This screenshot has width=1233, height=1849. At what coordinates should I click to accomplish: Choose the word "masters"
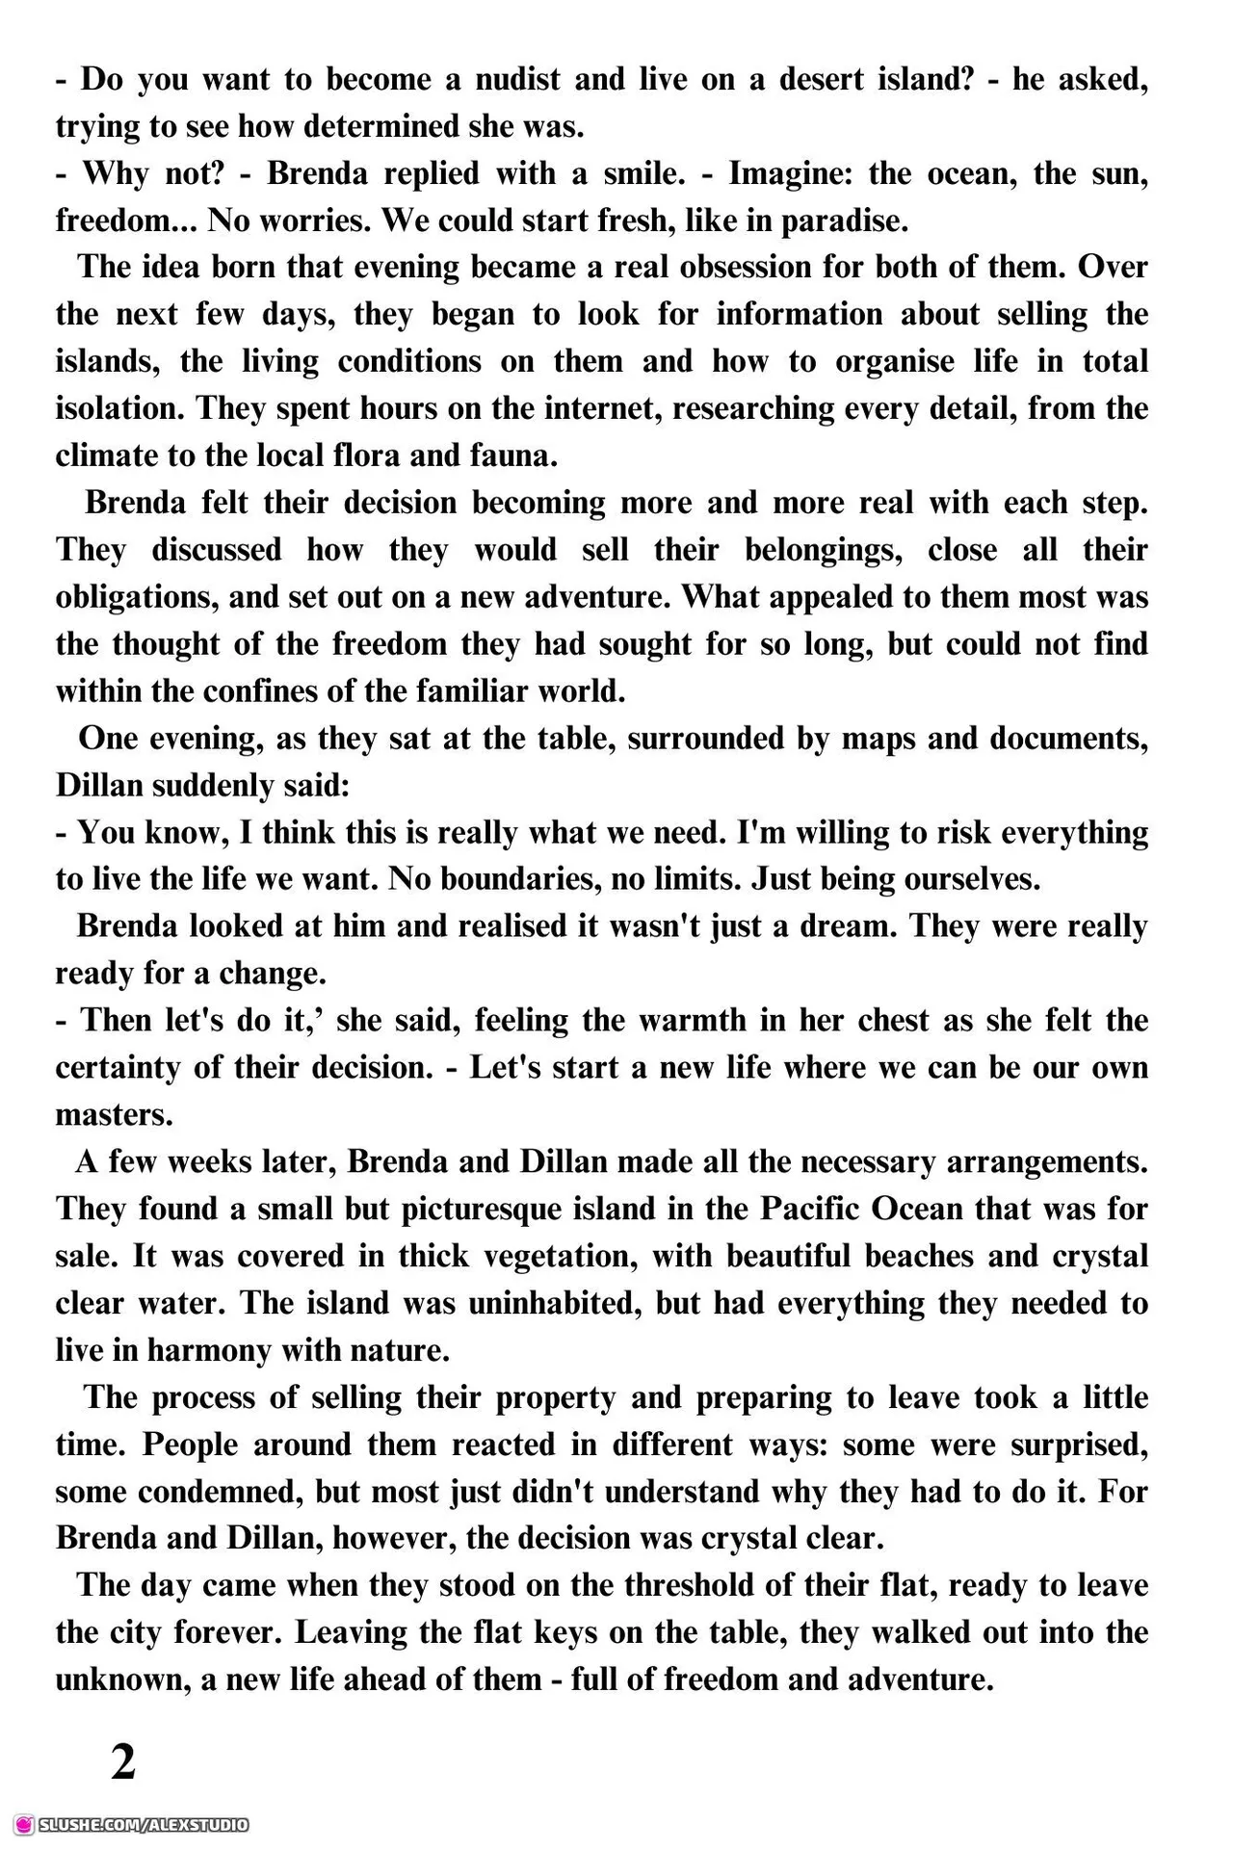[x=114, y=1115]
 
